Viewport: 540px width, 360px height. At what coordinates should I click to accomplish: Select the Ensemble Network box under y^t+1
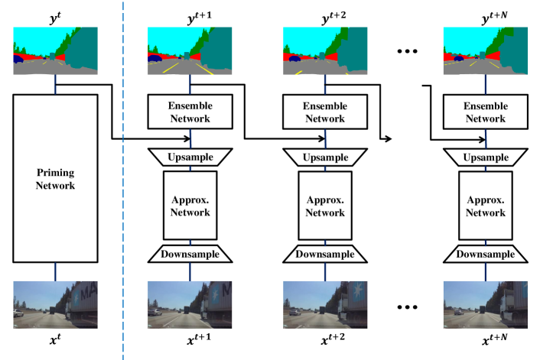point(190,111)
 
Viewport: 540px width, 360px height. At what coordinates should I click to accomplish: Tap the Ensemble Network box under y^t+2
point(326,111)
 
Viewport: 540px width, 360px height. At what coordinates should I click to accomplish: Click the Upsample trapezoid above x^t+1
point(190,156)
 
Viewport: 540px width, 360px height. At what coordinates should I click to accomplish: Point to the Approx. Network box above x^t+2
point(326,204)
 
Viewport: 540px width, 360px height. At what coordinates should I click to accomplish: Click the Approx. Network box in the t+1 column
point(190,204)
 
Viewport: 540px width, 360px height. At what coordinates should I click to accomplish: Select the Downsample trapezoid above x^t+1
point(190,254)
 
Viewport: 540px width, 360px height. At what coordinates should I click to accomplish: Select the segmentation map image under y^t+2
point(327,50)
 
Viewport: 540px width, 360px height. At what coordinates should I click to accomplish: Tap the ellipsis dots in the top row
point(406,53)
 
